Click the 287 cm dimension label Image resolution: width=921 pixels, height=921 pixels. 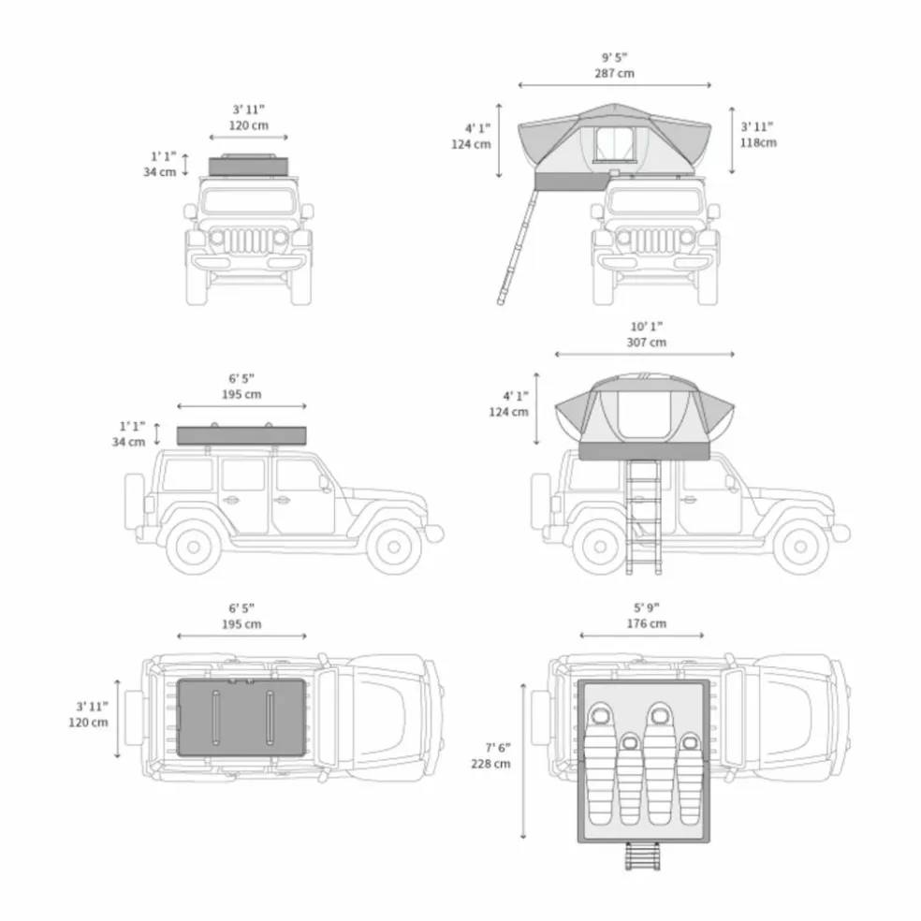point(614,73)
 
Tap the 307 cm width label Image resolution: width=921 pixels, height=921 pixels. point(646,343)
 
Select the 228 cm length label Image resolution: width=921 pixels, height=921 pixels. point(490,764)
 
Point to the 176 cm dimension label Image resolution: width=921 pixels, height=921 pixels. point(646,623)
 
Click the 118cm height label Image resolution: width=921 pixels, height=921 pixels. point(758,142)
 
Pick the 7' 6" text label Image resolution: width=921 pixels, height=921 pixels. point(498,748)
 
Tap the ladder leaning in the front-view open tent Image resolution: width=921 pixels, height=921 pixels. point(517,247)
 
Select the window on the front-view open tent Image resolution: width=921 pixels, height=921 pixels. point(614,144)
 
